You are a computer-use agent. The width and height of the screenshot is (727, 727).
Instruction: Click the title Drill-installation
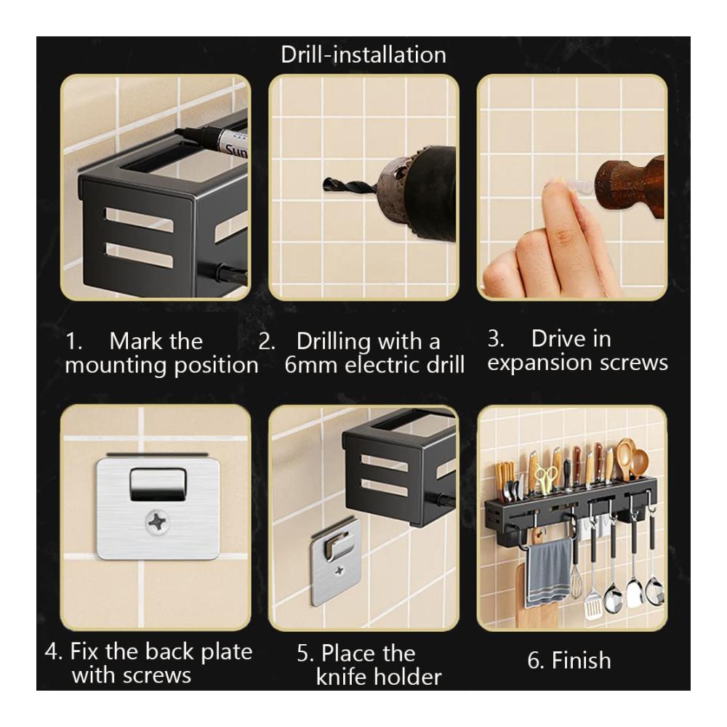(x=363, y=55)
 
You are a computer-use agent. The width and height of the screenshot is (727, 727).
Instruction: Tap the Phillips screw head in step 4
(x=158, y=523)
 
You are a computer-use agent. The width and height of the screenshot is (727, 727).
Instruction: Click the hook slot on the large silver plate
(x=158, y=484)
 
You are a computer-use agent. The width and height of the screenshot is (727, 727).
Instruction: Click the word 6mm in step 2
(x=310, y=364)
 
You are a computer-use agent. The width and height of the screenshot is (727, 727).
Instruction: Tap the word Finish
(x=581, y=660)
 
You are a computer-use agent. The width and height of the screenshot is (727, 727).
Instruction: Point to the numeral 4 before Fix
(x=51, y=651)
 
